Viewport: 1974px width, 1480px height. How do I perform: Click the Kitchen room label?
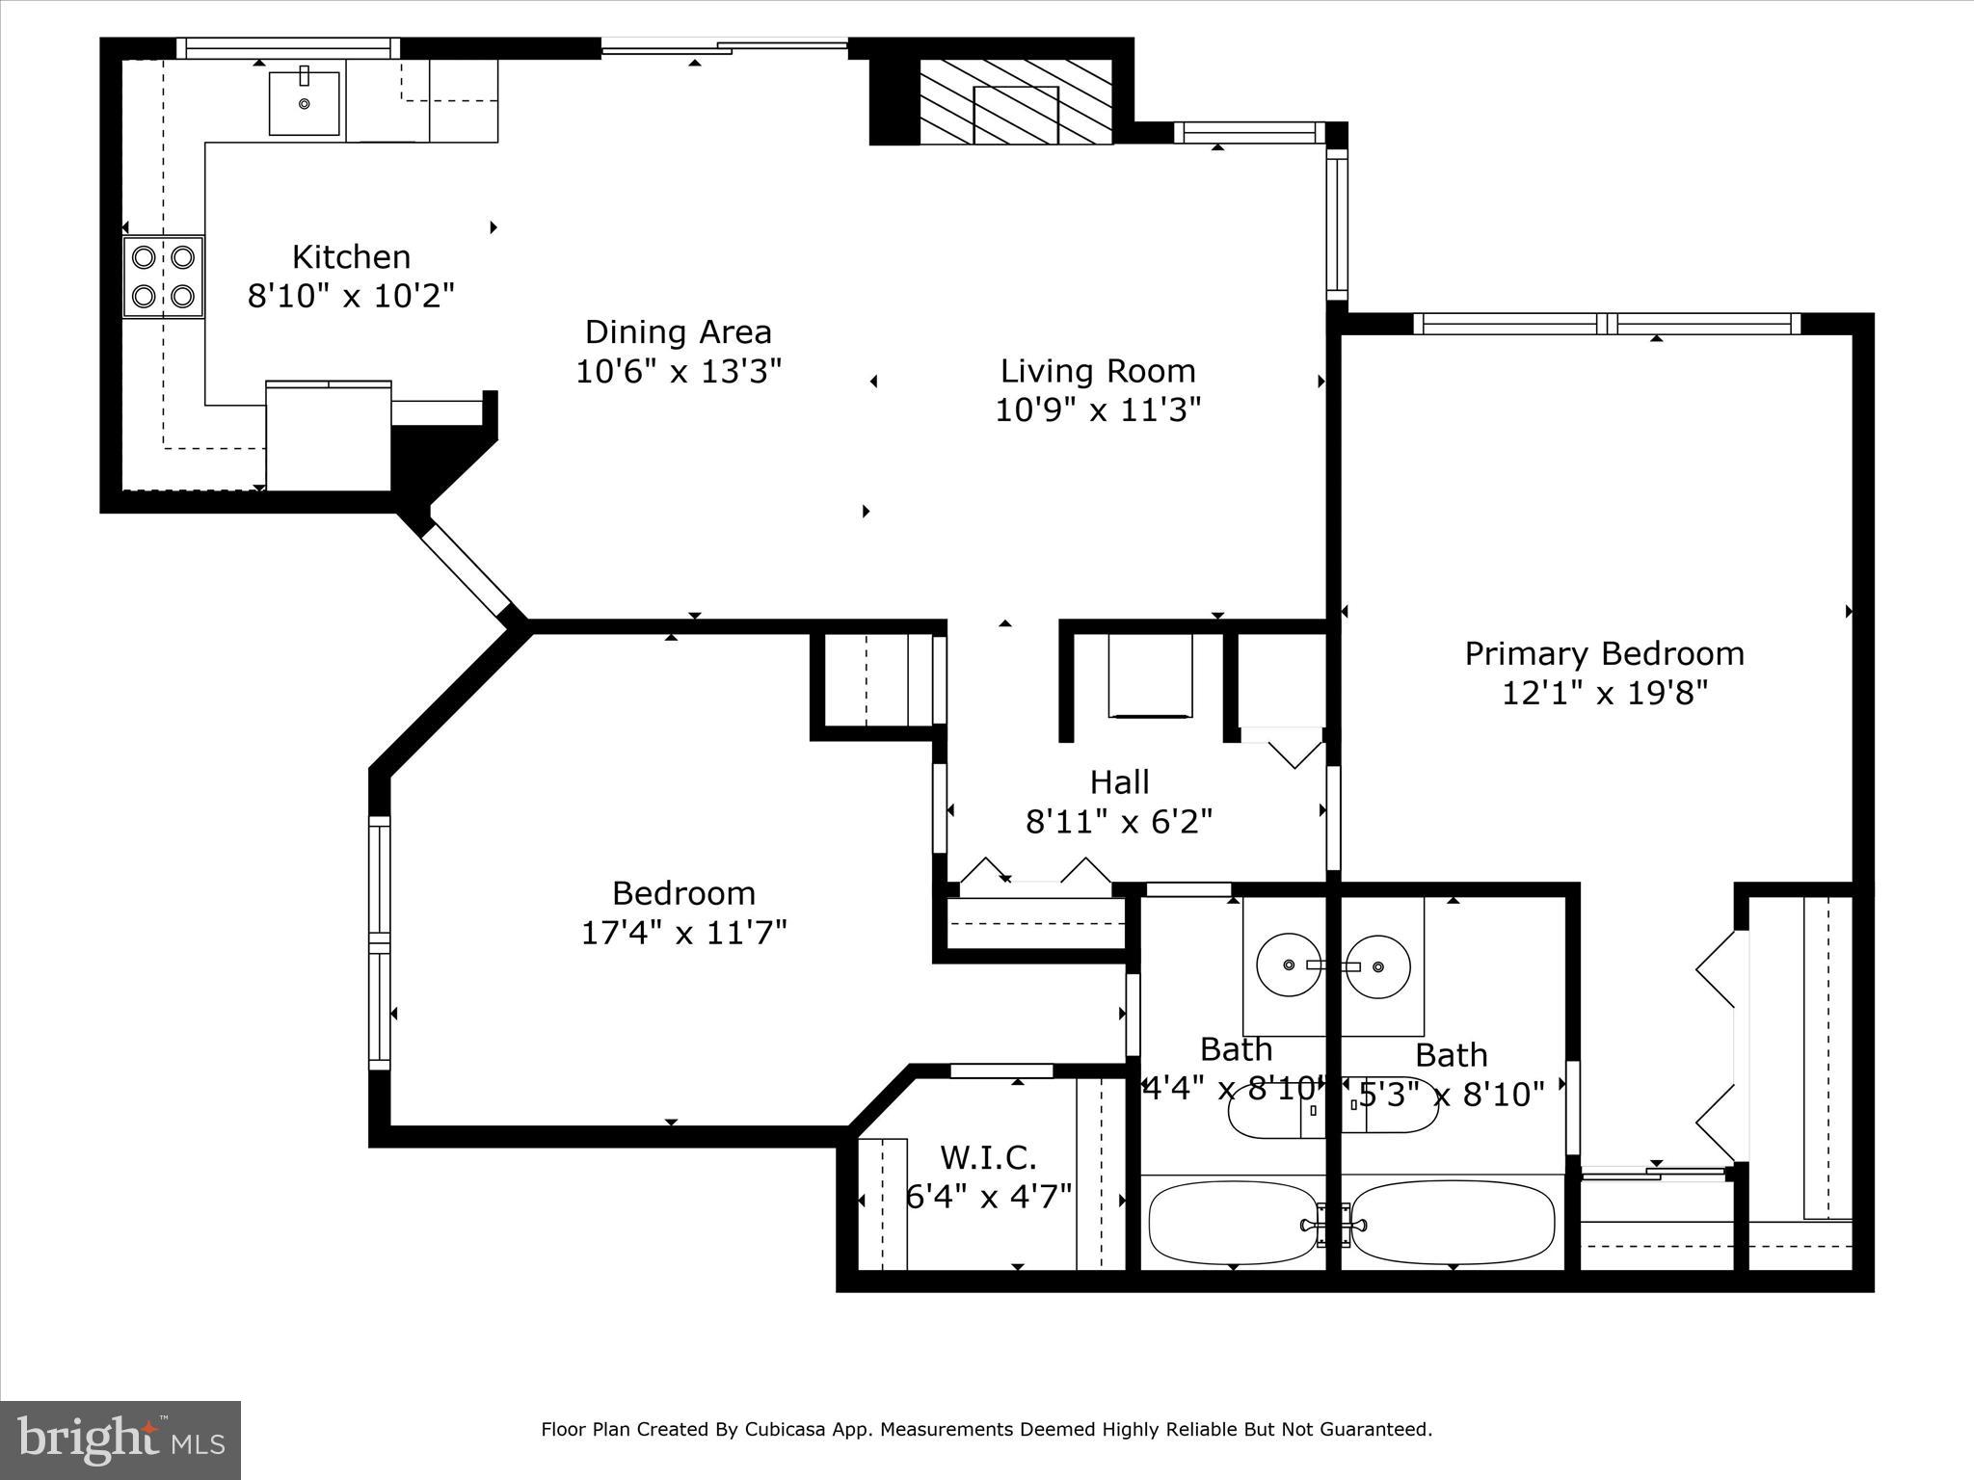351,257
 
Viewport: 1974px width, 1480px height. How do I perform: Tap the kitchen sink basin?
305,103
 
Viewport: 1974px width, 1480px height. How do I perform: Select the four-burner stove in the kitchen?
164,277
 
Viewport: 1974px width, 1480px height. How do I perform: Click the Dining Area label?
679,332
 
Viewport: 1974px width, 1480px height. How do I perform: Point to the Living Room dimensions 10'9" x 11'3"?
1098,410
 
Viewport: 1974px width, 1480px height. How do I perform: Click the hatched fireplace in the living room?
1016,101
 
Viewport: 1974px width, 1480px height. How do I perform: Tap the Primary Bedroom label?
1605,654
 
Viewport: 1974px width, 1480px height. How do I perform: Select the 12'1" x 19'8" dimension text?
1605,693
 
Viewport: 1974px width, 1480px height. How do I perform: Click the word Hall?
1120,781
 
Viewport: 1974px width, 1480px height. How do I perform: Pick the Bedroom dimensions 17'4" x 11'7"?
684,933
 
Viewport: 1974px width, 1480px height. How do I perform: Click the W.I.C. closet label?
988,1157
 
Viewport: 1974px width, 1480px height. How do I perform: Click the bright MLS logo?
120,1440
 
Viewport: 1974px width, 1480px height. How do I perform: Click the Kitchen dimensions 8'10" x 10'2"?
351,296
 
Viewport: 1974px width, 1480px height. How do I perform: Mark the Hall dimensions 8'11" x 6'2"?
1120,822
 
